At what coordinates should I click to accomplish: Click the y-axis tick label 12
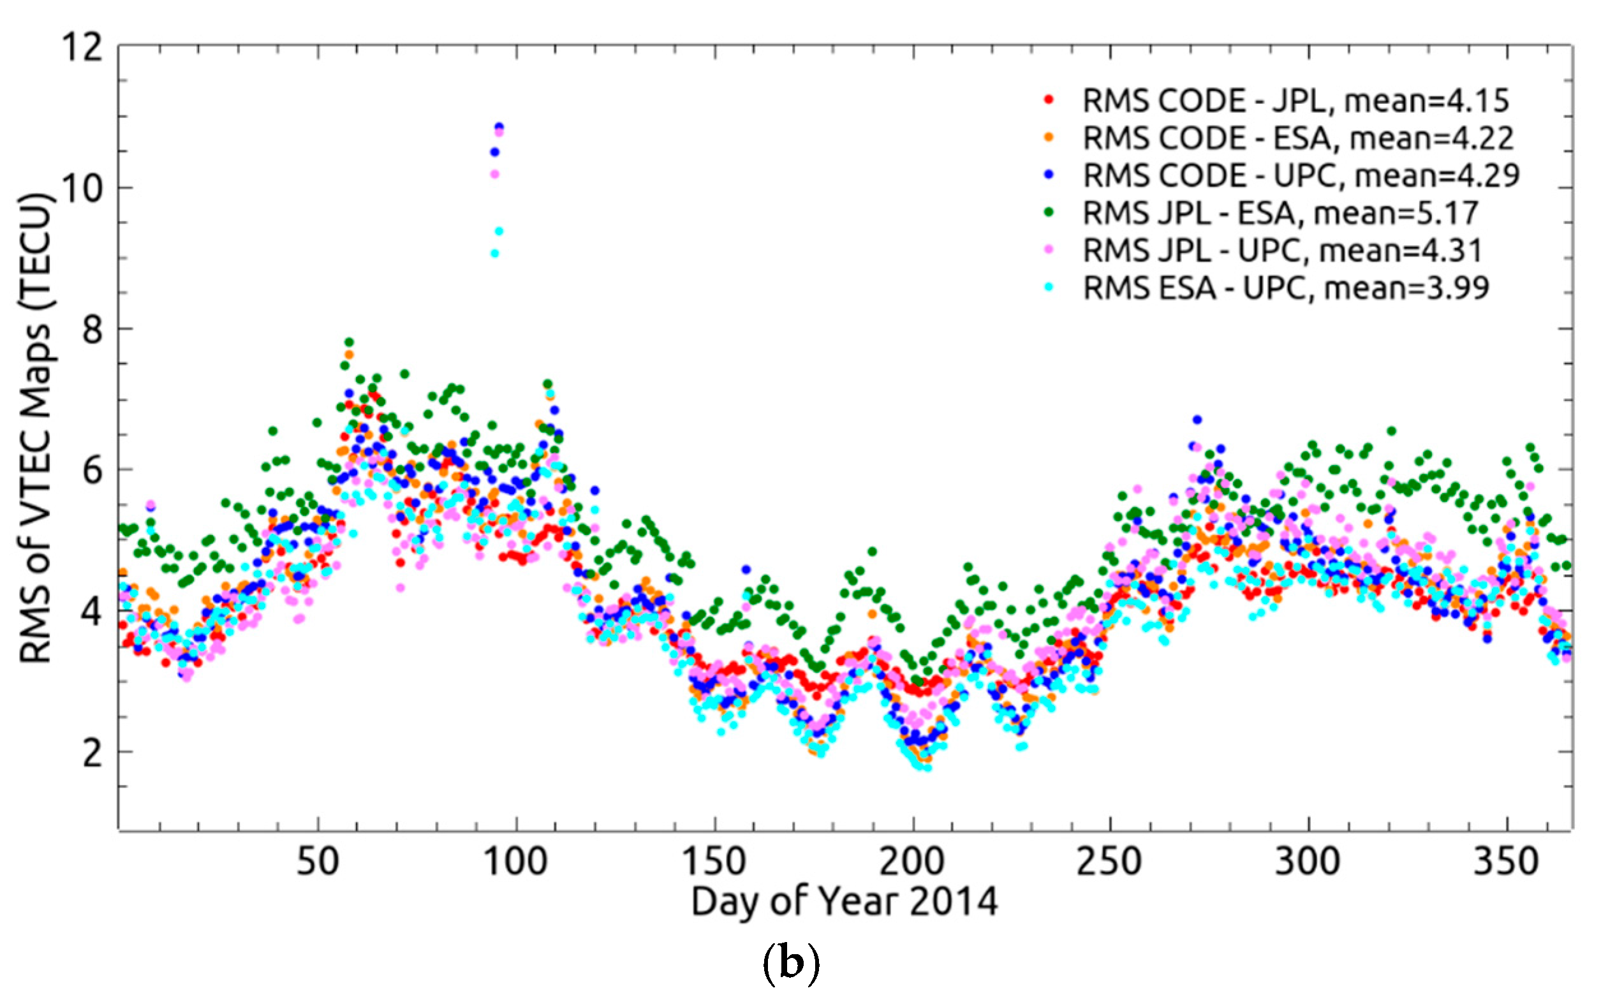pos(82,48)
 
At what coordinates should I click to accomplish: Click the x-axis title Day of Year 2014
pos(845,902)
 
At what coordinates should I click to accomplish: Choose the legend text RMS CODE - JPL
pos(1204,101)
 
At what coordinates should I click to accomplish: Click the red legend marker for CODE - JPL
pos(1049,100)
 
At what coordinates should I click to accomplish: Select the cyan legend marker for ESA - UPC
pos(1049,288)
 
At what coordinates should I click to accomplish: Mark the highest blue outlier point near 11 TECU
pos(499,126)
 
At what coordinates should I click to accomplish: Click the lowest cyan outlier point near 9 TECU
pos(494,253)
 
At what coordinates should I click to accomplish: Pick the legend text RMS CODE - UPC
pos(1211,175)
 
